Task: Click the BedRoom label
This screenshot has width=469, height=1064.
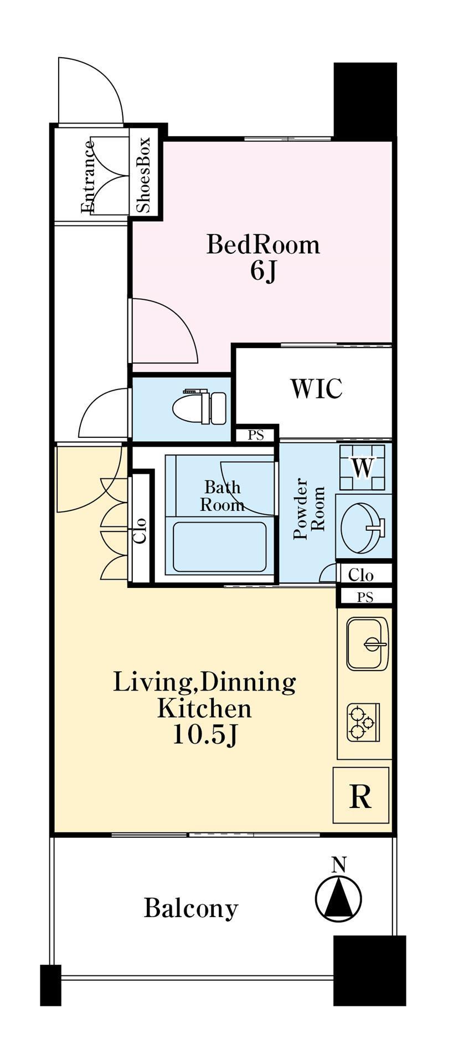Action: (x=263, y=244)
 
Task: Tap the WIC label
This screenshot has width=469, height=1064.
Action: (x=317, y=388)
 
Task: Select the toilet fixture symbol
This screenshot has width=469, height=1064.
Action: (x=199, y=407)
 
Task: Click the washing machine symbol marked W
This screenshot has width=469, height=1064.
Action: (x=363, y=467)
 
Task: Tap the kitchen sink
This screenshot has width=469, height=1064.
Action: (x=368, y=644)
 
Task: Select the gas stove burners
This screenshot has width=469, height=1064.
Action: (x=364, y=722)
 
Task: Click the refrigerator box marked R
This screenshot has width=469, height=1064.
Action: (x=361, y=795)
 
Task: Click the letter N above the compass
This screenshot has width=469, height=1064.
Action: (x=339, y=864)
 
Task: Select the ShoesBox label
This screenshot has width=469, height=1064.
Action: (x=143, y=176)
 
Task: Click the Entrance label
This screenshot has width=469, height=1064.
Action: (x=88, y=177)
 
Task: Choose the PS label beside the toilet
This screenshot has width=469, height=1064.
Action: (x=256, y=436)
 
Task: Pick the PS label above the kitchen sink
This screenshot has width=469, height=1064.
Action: (x=365, y=597)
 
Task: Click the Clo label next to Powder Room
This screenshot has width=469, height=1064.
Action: (x=361, y=575)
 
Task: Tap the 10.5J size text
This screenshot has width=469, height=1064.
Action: (x=205, y=735)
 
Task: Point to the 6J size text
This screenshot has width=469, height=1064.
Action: (x=263, y=271)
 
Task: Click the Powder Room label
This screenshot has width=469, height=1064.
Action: (x=309, y=509)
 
